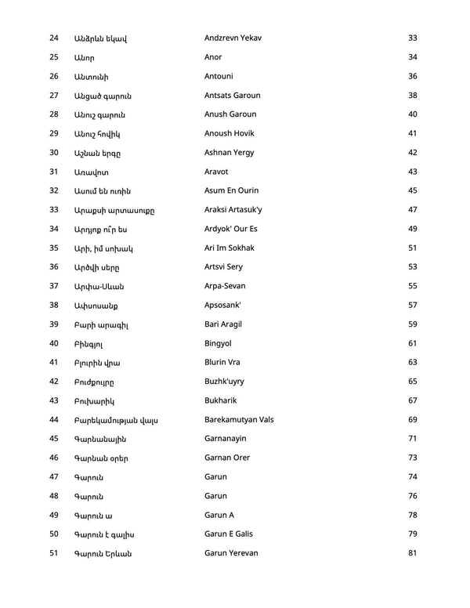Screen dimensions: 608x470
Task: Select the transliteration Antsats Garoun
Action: pos(233,96)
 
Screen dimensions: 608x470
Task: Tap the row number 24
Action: pos(54,38)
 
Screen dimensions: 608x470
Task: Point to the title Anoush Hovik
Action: pos(230,133)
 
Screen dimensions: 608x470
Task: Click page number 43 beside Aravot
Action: pos(413,172)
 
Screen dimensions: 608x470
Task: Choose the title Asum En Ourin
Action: pos(231,190)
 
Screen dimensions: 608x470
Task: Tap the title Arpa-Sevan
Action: pos(227,286)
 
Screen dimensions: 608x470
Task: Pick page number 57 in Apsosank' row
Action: pos(413,305)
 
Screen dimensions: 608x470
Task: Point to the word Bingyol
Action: pos(219,343)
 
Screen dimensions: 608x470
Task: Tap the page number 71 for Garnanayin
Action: pos(413,439)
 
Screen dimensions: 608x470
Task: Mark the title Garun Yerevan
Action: pos(231,553)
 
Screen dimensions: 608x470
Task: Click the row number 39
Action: pos(54,324)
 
